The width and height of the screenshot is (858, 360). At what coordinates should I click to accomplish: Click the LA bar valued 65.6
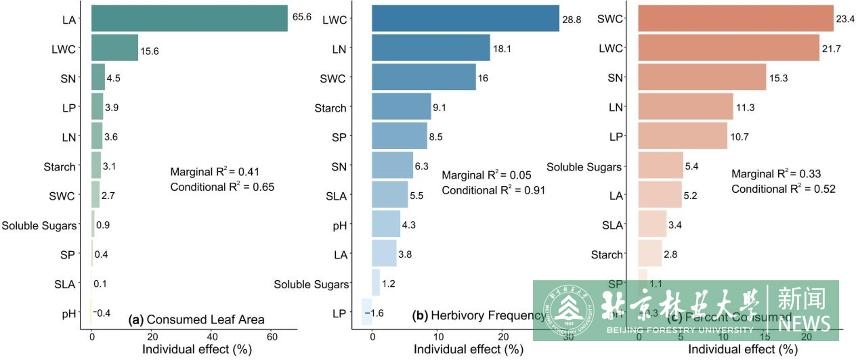(189, 18)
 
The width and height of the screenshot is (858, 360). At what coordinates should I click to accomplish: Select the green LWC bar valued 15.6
(115, 48)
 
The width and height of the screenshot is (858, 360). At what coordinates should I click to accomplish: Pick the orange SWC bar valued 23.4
(736, 18)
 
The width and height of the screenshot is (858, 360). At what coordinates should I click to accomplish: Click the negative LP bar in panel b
(367, 312)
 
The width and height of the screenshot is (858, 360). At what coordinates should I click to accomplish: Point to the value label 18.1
(502, 49)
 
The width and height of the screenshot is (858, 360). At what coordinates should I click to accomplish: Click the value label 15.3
(778, 78)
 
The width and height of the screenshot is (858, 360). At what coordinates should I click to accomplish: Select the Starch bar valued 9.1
(401, 106)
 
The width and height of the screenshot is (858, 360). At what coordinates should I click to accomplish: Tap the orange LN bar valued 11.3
(686, 106)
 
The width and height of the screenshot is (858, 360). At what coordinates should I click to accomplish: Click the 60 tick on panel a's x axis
(272, 337)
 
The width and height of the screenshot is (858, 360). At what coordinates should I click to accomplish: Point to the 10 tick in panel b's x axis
(438, 337)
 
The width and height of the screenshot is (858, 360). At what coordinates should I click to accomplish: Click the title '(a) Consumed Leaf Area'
(196, 320)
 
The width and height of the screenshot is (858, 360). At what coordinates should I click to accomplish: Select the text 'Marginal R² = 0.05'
(486, 175)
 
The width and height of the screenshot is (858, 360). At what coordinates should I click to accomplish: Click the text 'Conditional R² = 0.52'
(783, 189)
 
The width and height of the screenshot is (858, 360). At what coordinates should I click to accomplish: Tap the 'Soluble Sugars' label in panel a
(39, 226)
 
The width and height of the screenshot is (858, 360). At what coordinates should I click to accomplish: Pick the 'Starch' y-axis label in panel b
(330, 108)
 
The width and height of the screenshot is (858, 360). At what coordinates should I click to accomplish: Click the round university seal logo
(568, 311)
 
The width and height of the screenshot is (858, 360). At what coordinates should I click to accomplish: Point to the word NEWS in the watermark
(804, 324)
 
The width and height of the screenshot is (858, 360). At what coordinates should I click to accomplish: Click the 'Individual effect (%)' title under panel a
(197, 349)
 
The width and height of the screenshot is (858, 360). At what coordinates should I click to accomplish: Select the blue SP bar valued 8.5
(399, 135)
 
